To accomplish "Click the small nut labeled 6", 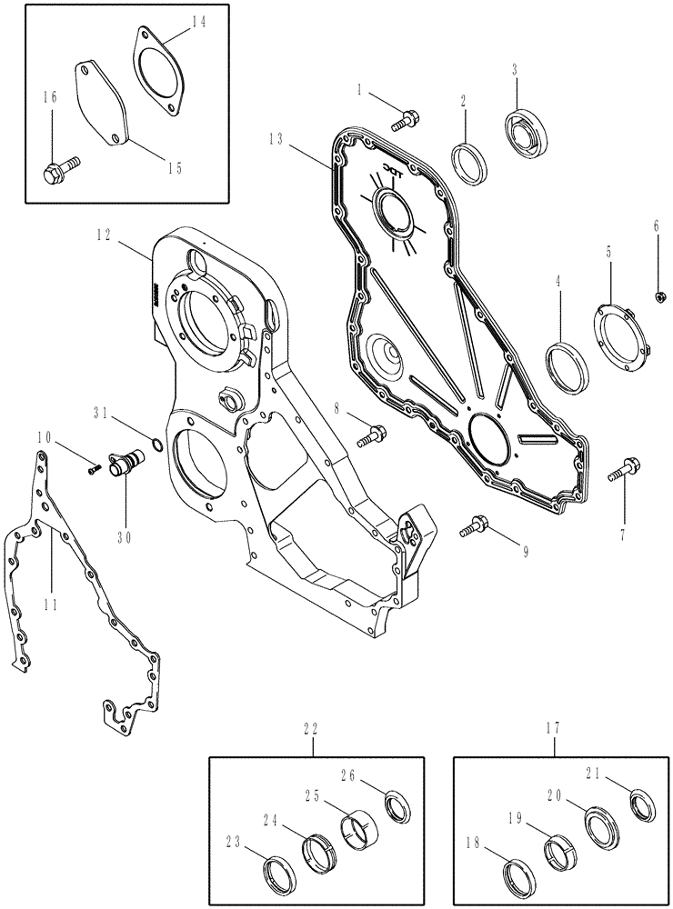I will coord(657,295).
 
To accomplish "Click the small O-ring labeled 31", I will coord(156,445).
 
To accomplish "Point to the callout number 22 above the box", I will coord(313,726).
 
